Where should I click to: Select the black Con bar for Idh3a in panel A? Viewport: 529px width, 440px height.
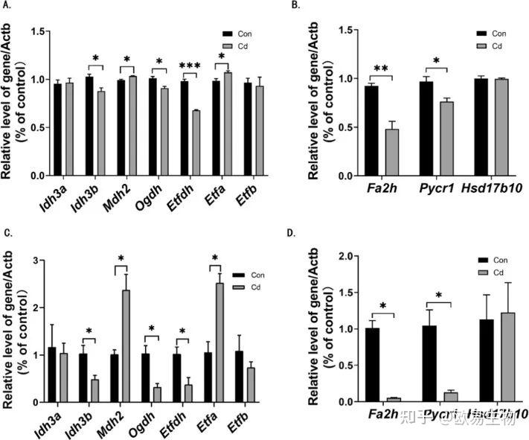(57, 130)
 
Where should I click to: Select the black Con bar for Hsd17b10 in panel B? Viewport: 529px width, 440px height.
(461, 127)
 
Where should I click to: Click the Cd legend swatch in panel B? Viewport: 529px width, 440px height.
(482, 46)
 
